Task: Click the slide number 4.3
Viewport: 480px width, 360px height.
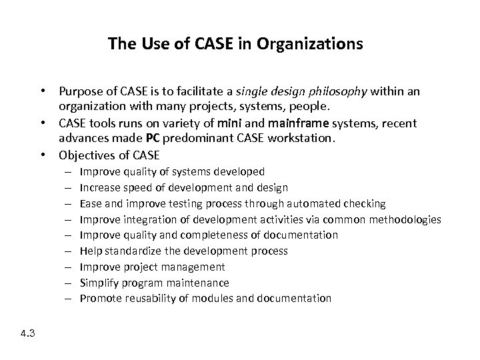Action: (x=28, y=333)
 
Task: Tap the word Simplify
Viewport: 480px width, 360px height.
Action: (x=99, y=283)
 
